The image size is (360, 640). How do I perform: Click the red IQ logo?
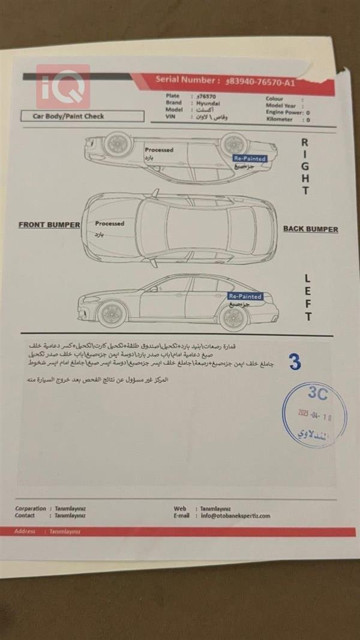[x=62, y=86]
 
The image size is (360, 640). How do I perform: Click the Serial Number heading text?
[x=187, y=80]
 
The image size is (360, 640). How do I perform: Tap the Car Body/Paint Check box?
[x=82, y=116]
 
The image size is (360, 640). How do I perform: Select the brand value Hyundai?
[x=208, y=103]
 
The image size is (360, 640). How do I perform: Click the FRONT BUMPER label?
[x=49, y=225]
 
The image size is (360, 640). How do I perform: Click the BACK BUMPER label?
[x=310, y=229]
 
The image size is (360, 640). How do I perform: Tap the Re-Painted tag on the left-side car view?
[x=245, y=296]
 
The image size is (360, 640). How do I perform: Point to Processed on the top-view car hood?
[x=109, y=224]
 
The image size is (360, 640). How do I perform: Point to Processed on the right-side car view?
[x=158, y=150]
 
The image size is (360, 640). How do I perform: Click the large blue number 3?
[x=295, y=362]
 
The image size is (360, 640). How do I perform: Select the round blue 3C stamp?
[x=314, y=414]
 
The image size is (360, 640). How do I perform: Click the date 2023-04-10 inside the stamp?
[x=314, y=417]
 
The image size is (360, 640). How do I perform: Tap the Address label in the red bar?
[x=25, y=531]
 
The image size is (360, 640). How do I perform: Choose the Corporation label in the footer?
[x=30, y=508]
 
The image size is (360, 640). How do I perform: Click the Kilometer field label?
[x=280, y=119]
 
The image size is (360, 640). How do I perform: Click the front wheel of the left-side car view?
[x=112, y=313]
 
